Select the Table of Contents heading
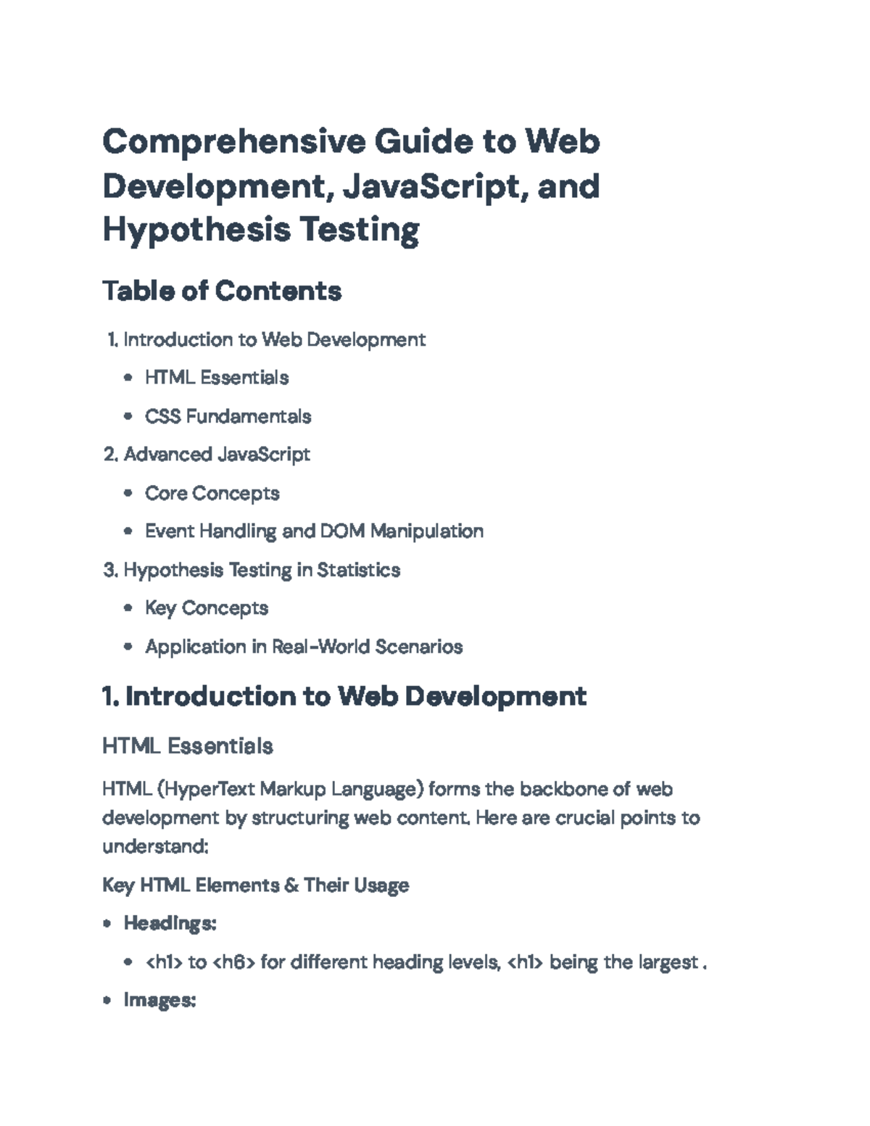(x=222, y=291)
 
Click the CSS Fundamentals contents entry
(x=228, y=417)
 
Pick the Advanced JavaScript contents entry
(x=217, y=455)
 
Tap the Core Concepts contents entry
(x=212, y=494)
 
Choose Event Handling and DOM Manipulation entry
(x=314, y=531)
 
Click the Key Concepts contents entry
(x=206, y=608)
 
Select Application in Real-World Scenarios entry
(x=304, y=647)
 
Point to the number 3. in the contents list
(x=111, y=570)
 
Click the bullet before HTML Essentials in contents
(x=128, y=378)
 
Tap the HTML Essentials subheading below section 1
(x=188, y=747)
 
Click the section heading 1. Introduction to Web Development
(x=344, y=696)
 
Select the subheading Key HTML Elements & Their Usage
(x=255, y=885)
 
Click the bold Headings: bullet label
(x=170, y=924)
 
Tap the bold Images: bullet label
(x=159, y=1001)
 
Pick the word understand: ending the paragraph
(x=155, y=847)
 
